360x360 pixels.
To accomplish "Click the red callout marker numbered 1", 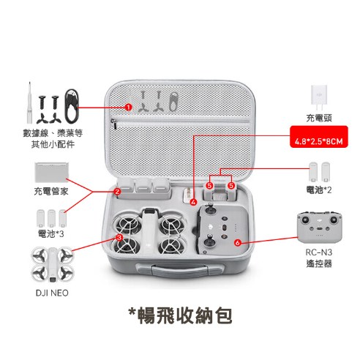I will pos(128,106).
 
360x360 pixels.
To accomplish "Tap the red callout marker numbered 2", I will pos(117,192).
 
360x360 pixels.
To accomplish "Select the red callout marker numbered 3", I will pos(119,238).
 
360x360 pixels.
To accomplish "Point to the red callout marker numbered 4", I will pos(193,201).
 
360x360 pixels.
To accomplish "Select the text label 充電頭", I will pos(319,117).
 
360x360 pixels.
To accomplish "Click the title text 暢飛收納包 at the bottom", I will pos(180,320).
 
